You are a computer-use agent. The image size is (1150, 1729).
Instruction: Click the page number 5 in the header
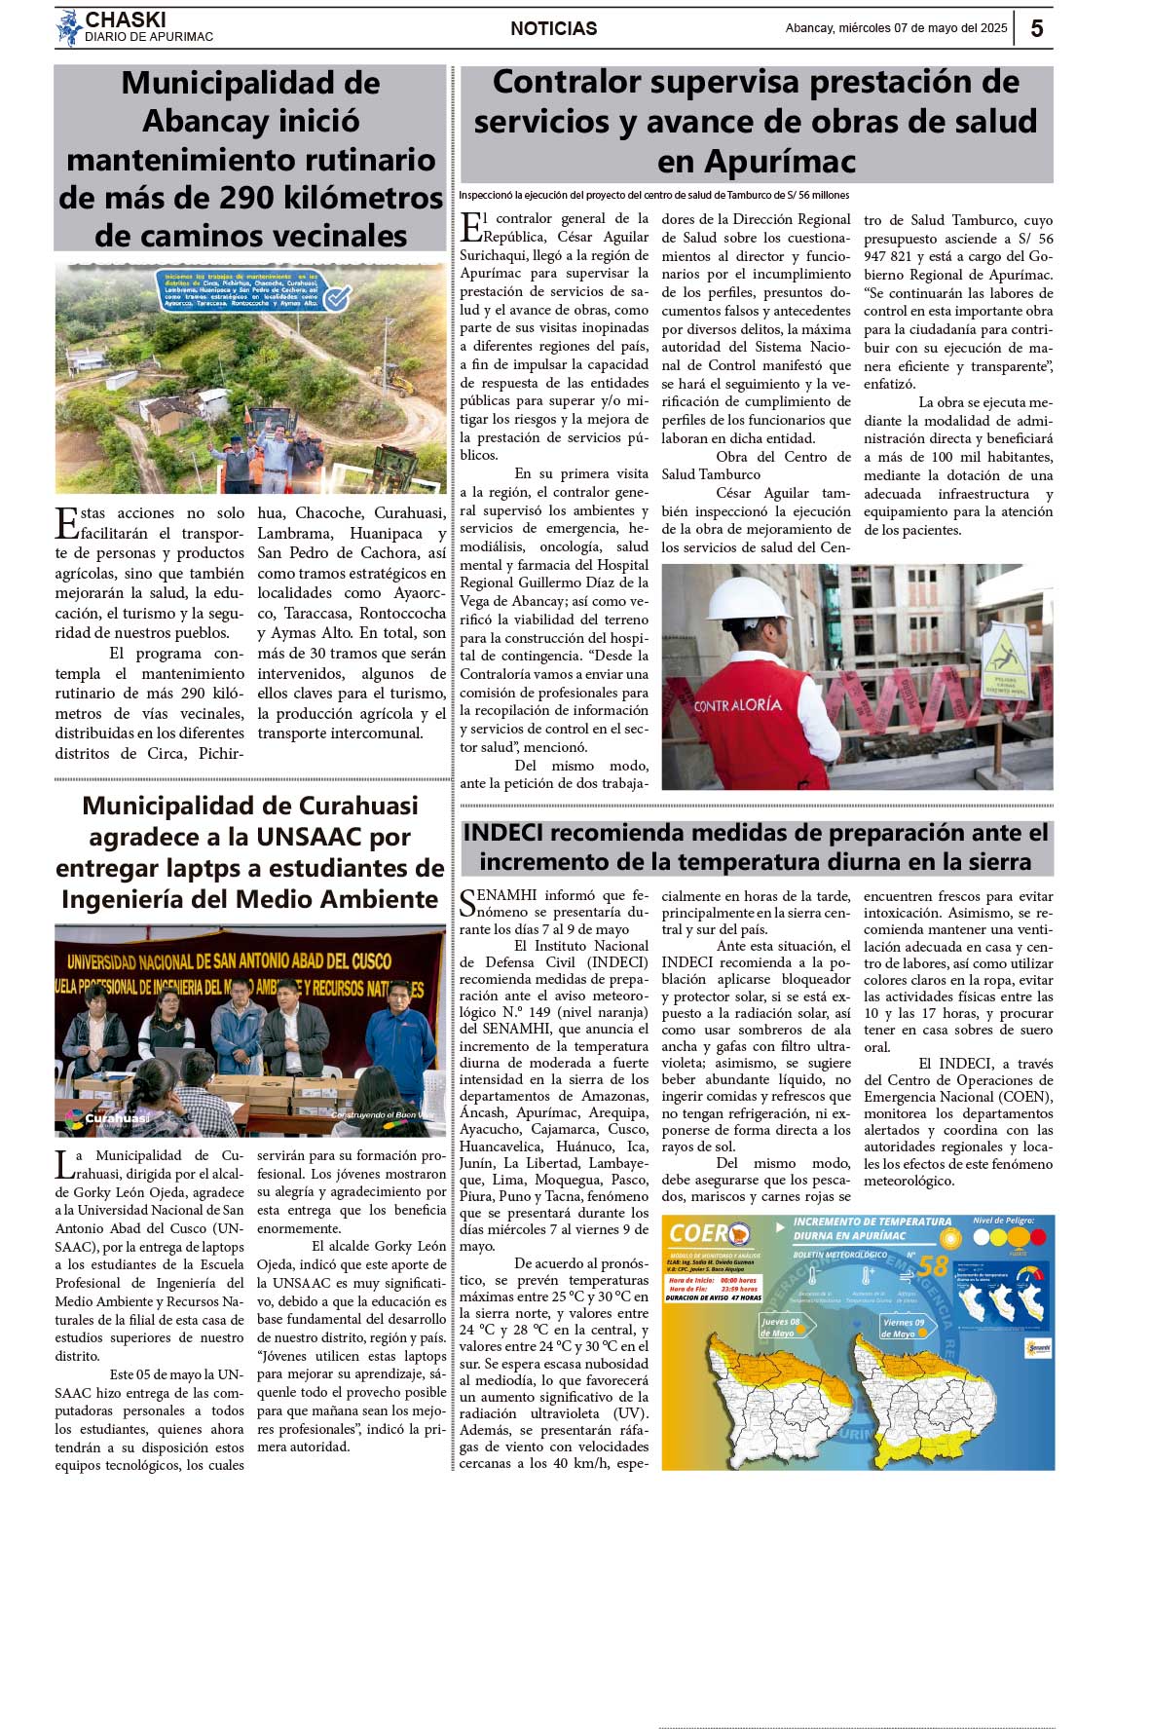pyautogui.click(x=1036, y=28)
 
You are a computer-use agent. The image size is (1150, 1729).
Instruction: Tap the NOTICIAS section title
pyautogui.click(x=553, y=29)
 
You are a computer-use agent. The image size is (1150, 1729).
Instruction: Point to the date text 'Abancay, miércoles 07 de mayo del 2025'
pyautogui.click(x=896, y=28)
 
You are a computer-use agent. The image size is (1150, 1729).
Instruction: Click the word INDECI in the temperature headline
pyautogui.click(x=503, y=833)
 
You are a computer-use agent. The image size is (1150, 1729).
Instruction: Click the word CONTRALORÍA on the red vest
pyautogui.click(x=738, y=704)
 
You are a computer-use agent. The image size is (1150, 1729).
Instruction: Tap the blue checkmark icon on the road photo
pyautogui.click(x=337, y=297)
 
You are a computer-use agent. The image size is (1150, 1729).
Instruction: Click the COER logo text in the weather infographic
pyautogui.click(x=699, y=1234)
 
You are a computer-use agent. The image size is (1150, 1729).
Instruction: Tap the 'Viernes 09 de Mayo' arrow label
pyautogui.click(x=904, y=1327)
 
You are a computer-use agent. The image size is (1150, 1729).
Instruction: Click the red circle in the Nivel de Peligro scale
pyautogui.click(x=1037, y=1237)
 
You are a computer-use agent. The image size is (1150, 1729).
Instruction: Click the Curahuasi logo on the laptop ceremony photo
pyautogui.click(x=107, y=1117)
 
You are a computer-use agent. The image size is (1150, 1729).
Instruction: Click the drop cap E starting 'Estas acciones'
pyautogui.click(x=66, y=523)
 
